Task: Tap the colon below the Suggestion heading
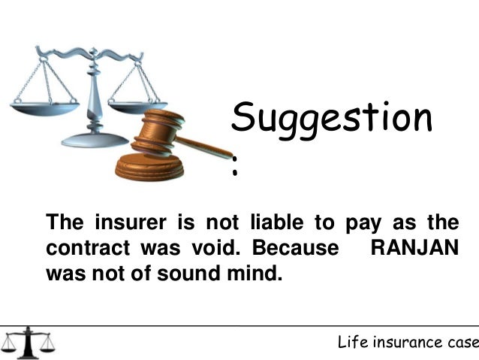(x=236, y=171)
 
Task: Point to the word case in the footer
(x=462, y=343)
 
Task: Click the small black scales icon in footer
(x=29, y=343)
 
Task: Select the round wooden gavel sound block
(x=149, y=167)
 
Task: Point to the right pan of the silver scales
(x=141, y=105)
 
